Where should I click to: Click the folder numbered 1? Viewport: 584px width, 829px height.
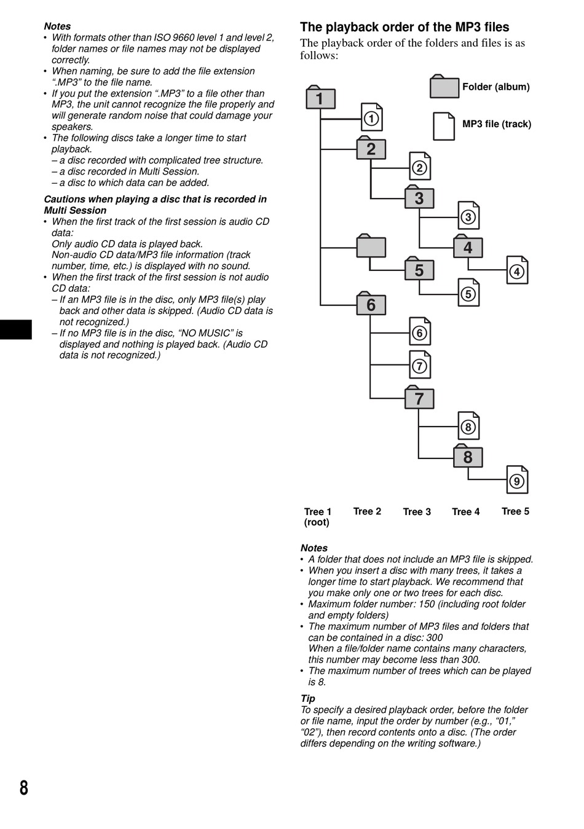(x=320, y=98)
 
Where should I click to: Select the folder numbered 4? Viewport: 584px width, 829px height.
(x=468, y=247)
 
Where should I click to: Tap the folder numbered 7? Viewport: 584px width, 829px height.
(x=419, y=398)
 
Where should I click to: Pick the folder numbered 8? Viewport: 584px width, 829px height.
(x=468, y=457)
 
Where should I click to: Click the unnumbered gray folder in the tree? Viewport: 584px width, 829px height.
(x=371, y=246)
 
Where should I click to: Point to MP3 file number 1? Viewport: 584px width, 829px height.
(x=371, y=118)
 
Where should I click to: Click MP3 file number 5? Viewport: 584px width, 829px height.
(x=468, y=293)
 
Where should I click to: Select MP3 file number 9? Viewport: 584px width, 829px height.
(x=517, y=481)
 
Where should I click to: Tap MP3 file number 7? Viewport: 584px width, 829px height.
(x=420, y=366)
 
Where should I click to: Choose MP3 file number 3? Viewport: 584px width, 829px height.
(x=468, y=216)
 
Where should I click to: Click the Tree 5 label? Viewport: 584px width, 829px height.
(x=515, y=511)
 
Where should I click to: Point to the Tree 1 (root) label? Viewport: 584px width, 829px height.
(x=317, y=517)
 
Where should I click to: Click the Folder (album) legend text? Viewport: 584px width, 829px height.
(x=495, y=87)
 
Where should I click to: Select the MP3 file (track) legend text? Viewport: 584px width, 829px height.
(x=496, y=124)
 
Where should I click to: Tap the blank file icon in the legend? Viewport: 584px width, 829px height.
(x=444, y=125)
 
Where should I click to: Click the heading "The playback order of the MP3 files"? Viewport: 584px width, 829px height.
(x=404, y=27)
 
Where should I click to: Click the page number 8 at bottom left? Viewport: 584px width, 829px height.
(x=23, y=787)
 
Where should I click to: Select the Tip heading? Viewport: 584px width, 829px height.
(x=307, y=699)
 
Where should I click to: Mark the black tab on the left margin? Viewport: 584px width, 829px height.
(x=16, y=329)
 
